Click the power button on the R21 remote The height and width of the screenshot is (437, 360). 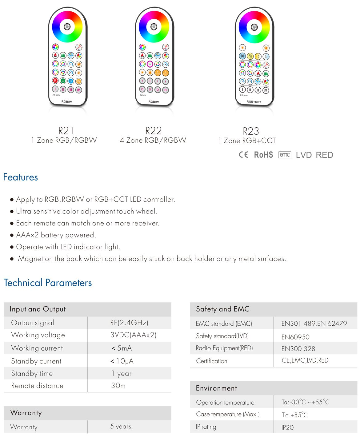coord(67,27)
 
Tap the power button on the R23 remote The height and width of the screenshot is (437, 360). coord(254,27)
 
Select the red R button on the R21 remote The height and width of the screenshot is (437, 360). coord(55,81)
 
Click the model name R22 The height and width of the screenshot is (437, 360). coord(153,131)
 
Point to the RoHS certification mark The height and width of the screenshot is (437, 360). coord(263,155)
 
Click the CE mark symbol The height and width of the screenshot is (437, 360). coord(243,155)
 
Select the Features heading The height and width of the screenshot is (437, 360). coord(21,177)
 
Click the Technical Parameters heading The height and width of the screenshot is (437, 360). coord(48,283)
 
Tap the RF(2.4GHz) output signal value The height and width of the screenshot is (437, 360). coord(129,323)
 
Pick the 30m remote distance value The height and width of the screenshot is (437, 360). coord(118,386)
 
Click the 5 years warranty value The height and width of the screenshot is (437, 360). coord(121,426)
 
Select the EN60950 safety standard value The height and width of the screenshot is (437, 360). coord(295,337)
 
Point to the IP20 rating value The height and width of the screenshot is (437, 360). coord(287,427)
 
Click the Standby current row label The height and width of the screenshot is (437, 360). coord(36,361)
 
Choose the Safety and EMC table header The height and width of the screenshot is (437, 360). coord(222,309)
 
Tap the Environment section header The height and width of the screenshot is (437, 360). coord(216,388)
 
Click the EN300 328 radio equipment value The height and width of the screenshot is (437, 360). coord(298,349)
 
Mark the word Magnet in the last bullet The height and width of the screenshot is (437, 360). coord(30,259)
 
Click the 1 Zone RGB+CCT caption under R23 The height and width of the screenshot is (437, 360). coord(247,141)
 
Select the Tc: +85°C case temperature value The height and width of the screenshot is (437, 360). coord(294,415)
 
